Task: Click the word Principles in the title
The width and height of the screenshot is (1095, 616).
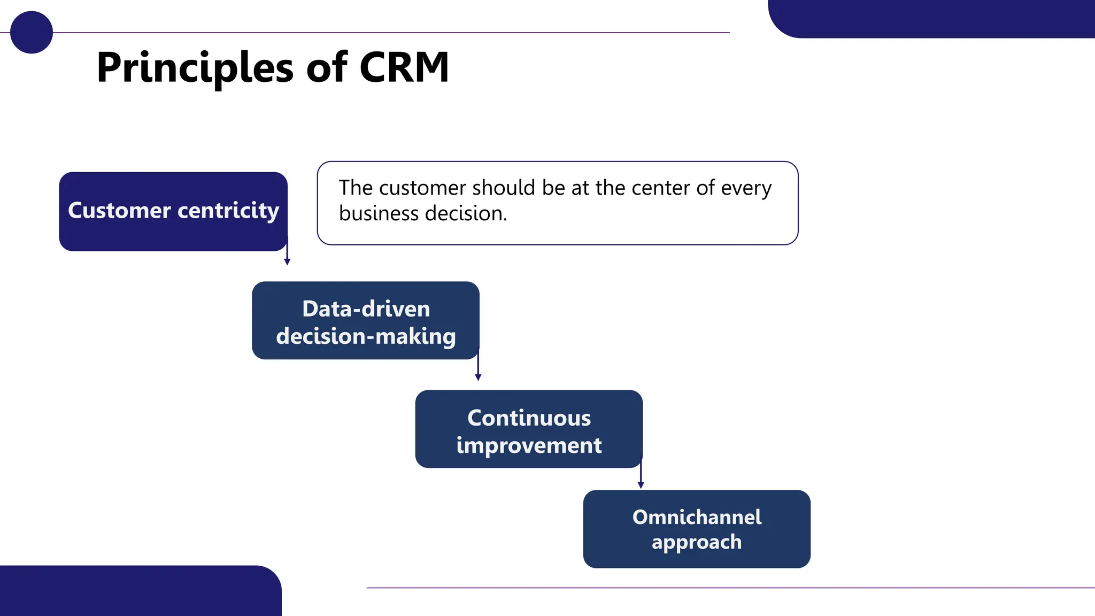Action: click(195, 68)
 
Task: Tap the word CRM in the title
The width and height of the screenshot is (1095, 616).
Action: click(404, 67)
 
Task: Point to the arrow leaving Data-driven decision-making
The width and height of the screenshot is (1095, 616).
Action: click(478, 367)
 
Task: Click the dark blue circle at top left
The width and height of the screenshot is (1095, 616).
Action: click(31, 32)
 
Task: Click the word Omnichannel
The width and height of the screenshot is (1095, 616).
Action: click(697, 517)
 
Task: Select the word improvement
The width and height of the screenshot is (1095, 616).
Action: click(529, 445)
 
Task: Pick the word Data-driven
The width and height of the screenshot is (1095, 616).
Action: click(366, 309)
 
